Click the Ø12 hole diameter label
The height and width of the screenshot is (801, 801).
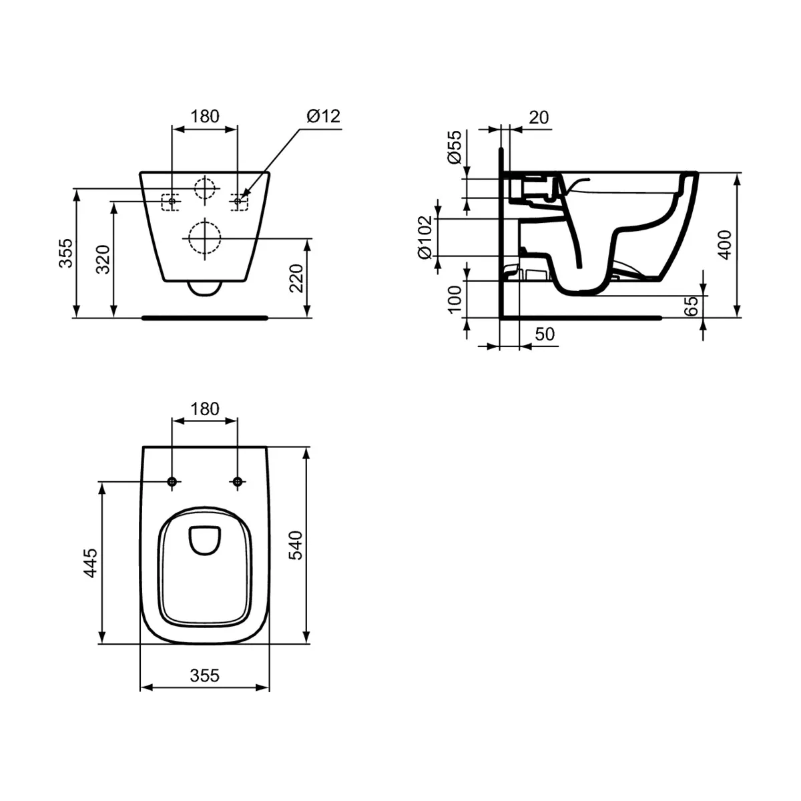(324, 116)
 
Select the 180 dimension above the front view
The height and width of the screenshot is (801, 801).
(205, 116)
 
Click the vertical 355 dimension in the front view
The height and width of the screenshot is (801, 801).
(65, 253)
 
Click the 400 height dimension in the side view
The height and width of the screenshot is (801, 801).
(725, 244)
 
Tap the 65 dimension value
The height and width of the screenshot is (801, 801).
(692, 306)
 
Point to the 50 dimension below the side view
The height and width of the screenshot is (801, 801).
(545, 334)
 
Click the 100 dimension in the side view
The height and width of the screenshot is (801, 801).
(454, 299)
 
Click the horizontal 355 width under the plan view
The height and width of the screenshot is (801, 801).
(204, 676)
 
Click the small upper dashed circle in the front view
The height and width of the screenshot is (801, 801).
(205, 188)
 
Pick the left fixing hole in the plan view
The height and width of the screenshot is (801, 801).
(172, 482)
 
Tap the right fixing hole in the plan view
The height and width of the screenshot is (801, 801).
(237, 482)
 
